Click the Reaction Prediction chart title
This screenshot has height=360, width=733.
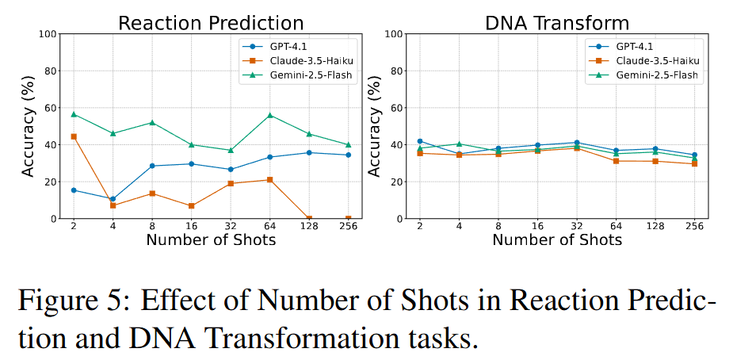(x=210, y=22)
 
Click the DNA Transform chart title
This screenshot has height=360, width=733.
(x=557, y=22)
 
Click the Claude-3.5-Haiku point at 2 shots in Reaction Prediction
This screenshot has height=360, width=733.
(x=74, y=136)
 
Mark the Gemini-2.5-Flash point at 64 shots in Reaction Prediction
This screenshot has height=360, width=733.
(x=270, y=115)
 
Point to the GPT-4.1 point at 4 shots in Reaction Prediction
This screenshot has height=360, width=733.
(x=113, y=199)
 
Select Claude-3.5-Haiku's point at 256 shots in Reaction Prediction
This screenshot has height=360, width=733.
(x=348, y=219)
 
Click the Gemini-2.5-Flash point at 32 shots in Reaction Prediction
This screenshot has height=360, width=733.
(x=231, y=150)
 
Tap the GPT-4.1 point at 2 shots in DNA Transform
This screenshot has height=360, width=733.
(x=420, y=141)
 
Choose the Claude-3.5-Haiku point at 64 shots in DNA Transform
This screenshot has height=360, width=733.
(x=617, y=161)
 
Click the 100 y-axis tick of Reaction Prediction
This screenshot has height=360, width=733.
(x=47, y=34)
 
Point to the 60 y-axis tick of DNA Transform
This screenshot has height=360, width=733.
(x=396, y=108)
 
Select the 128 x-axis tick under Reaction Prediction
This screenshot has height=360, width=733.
(x=308, y=227)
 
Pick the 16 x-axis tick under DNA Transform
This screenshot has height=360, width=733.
(x=537, y=227)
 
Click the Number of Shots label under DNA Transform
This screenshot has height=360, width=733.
(x=557, y=239)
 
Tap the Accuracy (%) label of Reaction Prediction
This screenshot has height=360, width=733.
(x=27, y=126)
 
